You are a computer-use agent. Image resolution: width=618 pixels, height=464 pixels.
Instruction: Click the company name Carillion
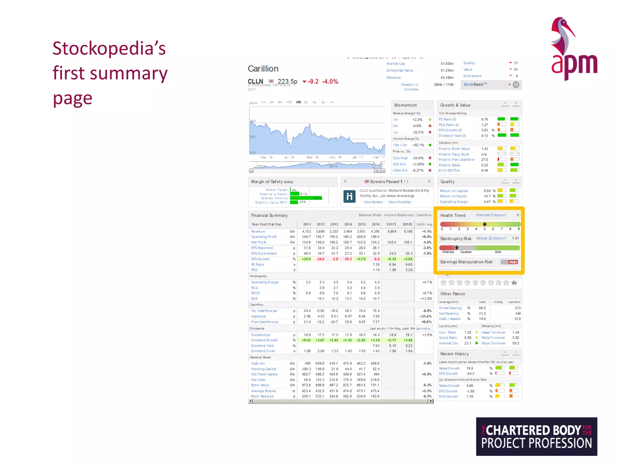pos(263,69)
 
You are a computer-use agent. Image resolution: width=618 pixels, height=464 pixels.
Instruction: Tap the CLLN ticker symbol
pos(255,81)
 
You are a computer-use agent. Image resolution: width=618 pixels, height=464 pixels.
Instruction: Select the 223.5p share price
pos(287,82)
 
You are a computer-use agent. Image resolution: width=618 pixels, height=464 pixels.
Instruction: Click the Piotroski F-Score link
pos(491,215)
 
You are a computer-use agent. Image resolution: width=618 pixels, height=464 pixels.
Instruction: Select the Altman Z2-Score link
pos(491,238)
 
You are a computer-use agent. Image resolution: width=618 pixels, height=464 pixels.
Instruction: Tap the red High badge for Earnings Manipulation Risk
pos(513,262)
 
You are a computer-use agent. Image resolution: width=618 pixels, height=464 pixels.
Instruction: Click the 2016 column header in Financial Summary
pos(376,224)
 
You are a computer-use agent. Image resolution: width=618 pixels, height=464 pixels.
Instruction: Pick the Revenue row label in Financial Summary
pos(258,231)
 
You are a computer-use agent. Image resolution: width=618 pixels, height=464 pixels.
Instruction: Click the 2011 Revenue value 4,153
pos(306,231)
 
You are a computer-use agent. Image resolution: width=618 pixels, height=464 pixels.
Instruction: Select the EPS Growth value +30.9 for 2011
pos(306,259)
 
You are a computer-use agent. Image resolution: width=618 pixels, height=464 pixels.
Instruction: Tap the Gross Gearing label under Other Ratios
pos(450,308)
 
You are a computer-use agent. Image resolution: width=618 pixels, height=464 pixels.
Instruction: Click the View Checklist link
pos(399,202)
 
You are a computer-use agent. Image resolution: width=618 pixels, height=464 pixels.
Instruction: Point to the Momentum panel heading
pos(405,105)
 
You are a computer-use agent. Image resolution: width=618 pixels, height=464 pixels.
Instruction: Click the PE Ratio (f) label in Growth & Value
pos(447,119)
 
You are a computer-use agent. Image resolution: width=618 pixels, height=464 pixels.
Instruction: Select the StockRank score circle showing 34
pos(516,85)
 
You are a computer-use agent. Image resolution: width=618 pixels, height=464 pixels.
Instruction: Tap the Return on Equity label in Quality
pos(453,196)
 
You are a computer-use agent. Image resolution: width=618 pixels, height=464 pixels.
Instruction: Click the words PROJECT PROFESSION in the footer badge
pos(536,443)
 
